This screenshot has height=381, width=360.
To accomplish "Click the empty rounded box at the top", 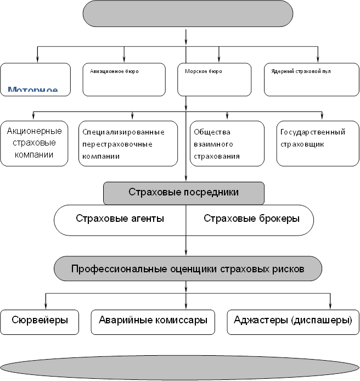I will [188, 14].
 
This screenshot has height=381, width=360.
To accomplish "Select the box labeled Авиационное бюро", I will [123, 80].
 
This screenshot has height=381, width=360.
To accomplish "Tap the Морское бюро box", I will [214, 80].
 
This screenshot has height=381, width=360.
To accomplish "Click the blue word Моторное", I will [33, 89].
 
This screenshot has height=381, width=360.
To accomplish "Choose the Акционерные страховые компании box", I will [35, 143].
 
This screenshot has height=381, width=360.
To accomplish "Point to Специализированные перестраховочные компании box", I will [128, 143].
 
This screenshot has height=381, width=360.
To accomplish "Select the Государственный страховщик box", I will [313, 143].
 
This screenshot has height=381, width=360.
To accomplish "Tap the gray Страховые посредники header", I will [184, 193].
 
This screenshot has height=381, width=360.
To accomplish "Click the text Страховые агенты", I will [120, 218].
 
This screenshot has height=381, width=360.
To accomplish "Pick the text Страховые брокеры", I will [251, 218].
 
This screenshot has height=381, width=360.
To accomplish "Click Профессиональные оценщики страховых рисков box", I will [188, 269].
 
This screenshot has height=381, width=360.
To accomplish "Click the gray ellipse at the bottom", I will [179, 367].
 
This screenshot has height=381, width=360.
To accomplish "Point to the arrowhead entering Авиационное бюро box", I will [124, 59].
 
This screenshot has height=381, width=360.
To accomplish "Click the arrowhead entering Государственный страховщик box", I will [322, 117].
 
